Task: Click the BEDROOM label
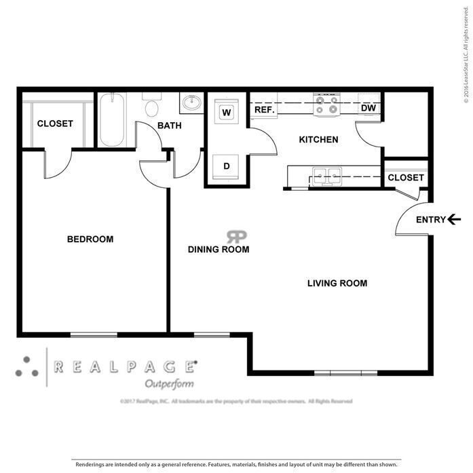point(90,240)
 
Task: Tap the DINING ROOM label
point(218,250)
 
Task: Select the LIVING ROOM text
point(337,284)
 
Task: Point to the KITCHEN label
point(318,140)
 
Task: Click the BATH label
point(169,126)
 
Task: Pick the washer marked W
point(227,111)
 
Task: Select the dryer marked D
point(227,166)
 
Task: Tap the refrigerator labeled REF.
point(263,109)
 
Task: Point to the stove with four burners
point(325,105)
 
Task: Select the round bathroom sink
point(192,104)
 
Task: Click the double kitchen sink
point(326,176)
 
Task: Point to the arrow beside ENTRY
point(455,219)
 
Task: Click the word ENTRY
point(430,219)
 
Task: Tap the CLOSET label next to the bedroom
point(54,124)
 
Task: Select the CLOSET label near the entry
point(405,178)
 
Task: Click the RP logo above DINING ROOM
point(236,236)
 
